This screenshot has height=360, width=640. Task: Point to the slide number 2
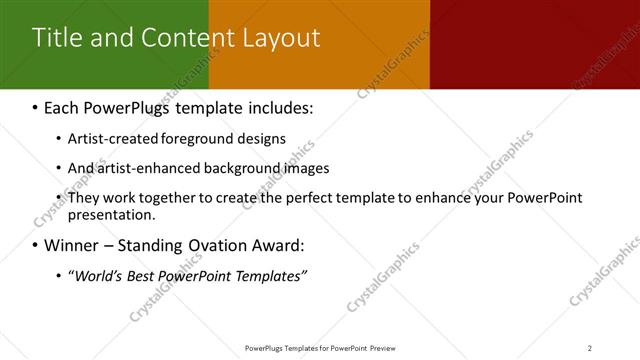tap(590, 348)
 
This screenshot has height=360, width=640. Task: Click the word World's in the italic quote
tap(98, 275)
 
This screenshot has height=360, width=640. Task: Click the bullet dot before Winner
tap(35, 245)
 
